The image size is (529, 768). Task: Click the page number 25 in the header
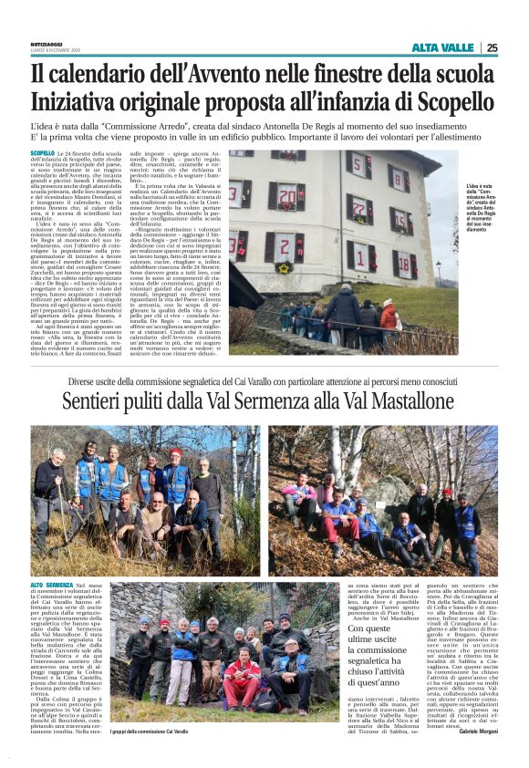493,47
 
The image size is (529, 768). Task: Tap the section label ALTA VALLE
442,47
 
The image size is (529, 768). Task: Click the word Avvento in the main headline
241,71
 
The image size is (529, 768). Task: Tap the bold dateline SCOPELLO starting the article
42,153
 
